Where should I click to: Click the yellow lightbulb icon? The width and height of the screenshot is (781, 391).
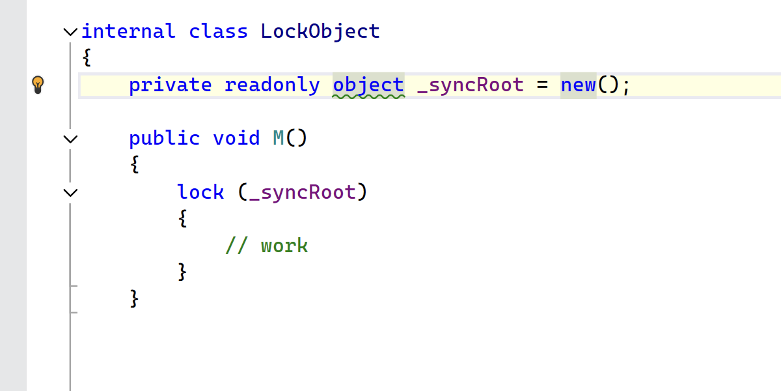(38, 84)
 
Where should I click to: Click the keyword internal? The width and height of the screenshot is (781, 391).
(128, 31)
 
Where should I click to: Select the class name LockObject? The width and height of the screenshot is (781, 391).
(320, 31)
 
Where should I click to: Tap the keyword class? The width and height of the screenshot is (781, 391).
(219, 31)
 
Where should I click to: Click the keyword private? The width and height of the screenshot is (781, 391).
(170, 85)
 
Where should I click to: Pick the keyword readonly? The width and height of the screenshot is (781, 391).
(272, 85)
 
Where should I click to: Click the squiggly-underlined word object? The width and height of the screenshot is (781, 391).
(368, 85)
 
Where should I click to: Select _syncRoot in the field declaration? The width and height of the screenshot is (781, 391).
(470, 85)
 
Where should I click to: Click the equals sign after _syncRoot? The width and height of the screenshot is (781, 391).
(543, 85)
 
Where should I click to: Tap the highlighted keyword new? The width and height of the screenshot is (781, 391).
(579, 85)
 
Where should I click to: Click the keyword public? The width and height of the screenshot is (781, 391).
(164, 138)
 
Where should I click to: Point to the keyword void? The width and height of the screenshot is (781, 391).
(236, 138)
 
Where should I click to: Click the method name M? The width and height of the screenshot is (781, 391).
(279, 138)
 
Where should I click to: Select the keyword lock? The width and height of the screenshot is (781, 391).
(200, 192)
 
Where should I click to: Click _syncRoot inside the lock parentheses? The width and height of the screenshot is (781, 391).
(303, 192)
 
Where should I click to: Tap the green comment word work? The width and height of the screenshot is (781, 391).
(284, 246)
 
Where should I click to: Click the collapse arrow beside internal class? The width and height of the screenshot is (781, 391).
(70, 31)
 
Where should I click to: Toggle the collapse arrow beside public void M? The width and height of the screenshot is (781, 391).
(70, 138)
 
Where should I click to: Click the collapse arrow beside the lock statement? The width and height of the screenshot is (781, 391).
(70, 192)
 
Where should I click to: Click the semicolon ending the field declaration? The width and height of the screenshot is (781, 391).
(626, 85)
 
